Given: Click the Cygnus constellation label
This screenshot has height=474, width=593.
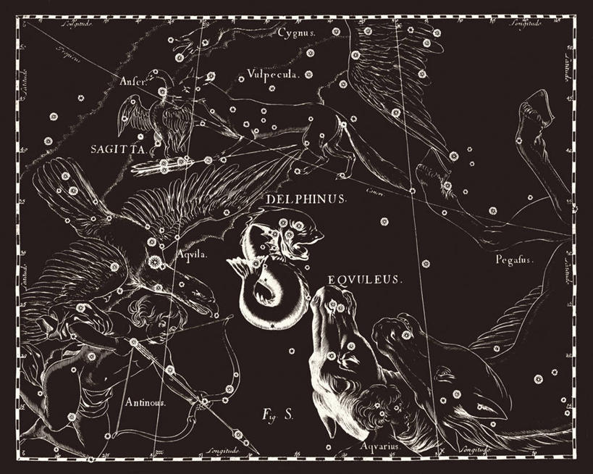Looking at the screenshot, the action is (297, 33).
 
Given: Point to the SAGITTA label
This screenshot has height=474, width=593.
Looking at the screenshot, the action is (119, 150).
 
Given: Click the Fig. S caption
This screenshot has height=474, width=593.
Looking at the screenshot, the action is (277, 415).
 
